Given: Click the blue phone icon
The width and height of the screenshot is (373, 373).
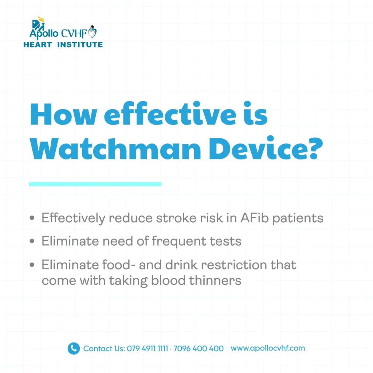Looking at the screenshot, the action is pos(74,349).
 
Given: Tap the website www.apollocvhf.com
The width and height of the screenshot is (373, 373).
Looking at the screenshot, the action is pos(268,348).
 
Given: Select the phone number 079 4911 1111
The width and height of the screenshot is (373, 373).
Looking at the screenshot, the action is pos(147,349).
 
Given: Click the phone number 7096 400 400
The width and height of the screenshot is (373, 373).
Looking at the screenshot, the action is pos(199,349).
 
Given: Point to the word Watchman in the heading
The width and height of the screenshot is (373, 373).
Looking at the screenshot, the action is pos(115,149).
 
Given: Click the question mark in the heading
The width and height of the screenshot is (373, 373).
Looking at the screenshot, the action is pos(314,149).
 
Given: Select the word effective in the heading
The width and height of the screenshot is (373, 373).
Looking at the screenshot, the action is pos(170,114).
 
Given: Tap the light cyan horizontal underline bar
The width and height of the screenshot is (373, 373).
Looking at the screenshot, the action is pos(95,184).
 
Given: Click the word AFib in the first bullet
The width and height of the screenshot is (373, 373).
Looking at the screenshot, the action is pos(254,218).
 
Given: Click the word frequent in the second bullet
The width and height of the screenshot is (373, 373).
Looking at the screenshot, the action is pos(178,241).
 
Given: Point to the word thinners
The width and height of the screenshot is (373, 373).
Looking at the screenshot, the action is pos(215,280).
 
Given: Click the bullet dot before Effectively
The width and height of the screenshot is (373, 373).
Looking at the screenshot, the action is pos(32,218).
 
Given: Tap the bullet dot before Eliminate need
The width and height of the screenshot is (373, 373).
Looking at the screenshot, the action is pos(32,241).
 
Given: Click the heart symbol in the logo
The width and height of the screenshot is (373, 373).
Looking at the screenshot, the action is pos(92,32).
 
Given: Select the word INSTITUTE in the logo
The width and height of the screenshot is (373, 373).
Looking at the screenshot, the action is pos(80,45).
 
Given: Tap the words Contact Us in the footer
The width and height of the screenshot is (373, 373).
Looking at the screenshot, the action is pos(104,349).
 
